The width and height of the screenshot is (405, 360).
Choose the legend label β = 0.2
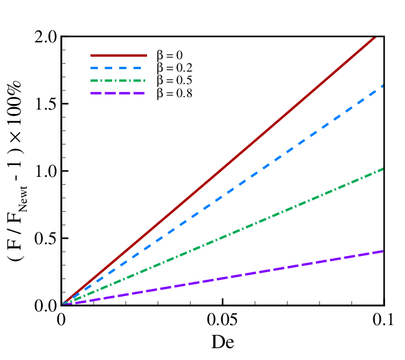coord(174,68)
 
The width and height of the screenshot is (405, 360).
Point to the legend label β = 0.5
coord(174,80)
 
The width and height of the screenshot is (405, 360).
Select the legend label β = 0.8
coord(174,93)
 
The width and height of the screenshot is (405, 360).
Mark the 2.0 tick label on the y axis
coord(46,37)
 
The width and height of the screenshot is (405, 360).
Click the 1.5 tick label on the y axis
coord(46,104)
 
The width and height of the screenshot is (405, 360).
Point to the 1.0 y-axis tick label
coord(46,171)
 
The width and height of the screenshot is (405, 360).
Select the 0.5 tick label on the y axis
coord(46,239)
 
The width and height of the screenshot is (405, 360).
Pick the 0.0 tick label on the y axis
coord(46,306)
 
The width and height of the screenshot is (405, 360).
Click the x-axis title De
coord(222,342)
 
